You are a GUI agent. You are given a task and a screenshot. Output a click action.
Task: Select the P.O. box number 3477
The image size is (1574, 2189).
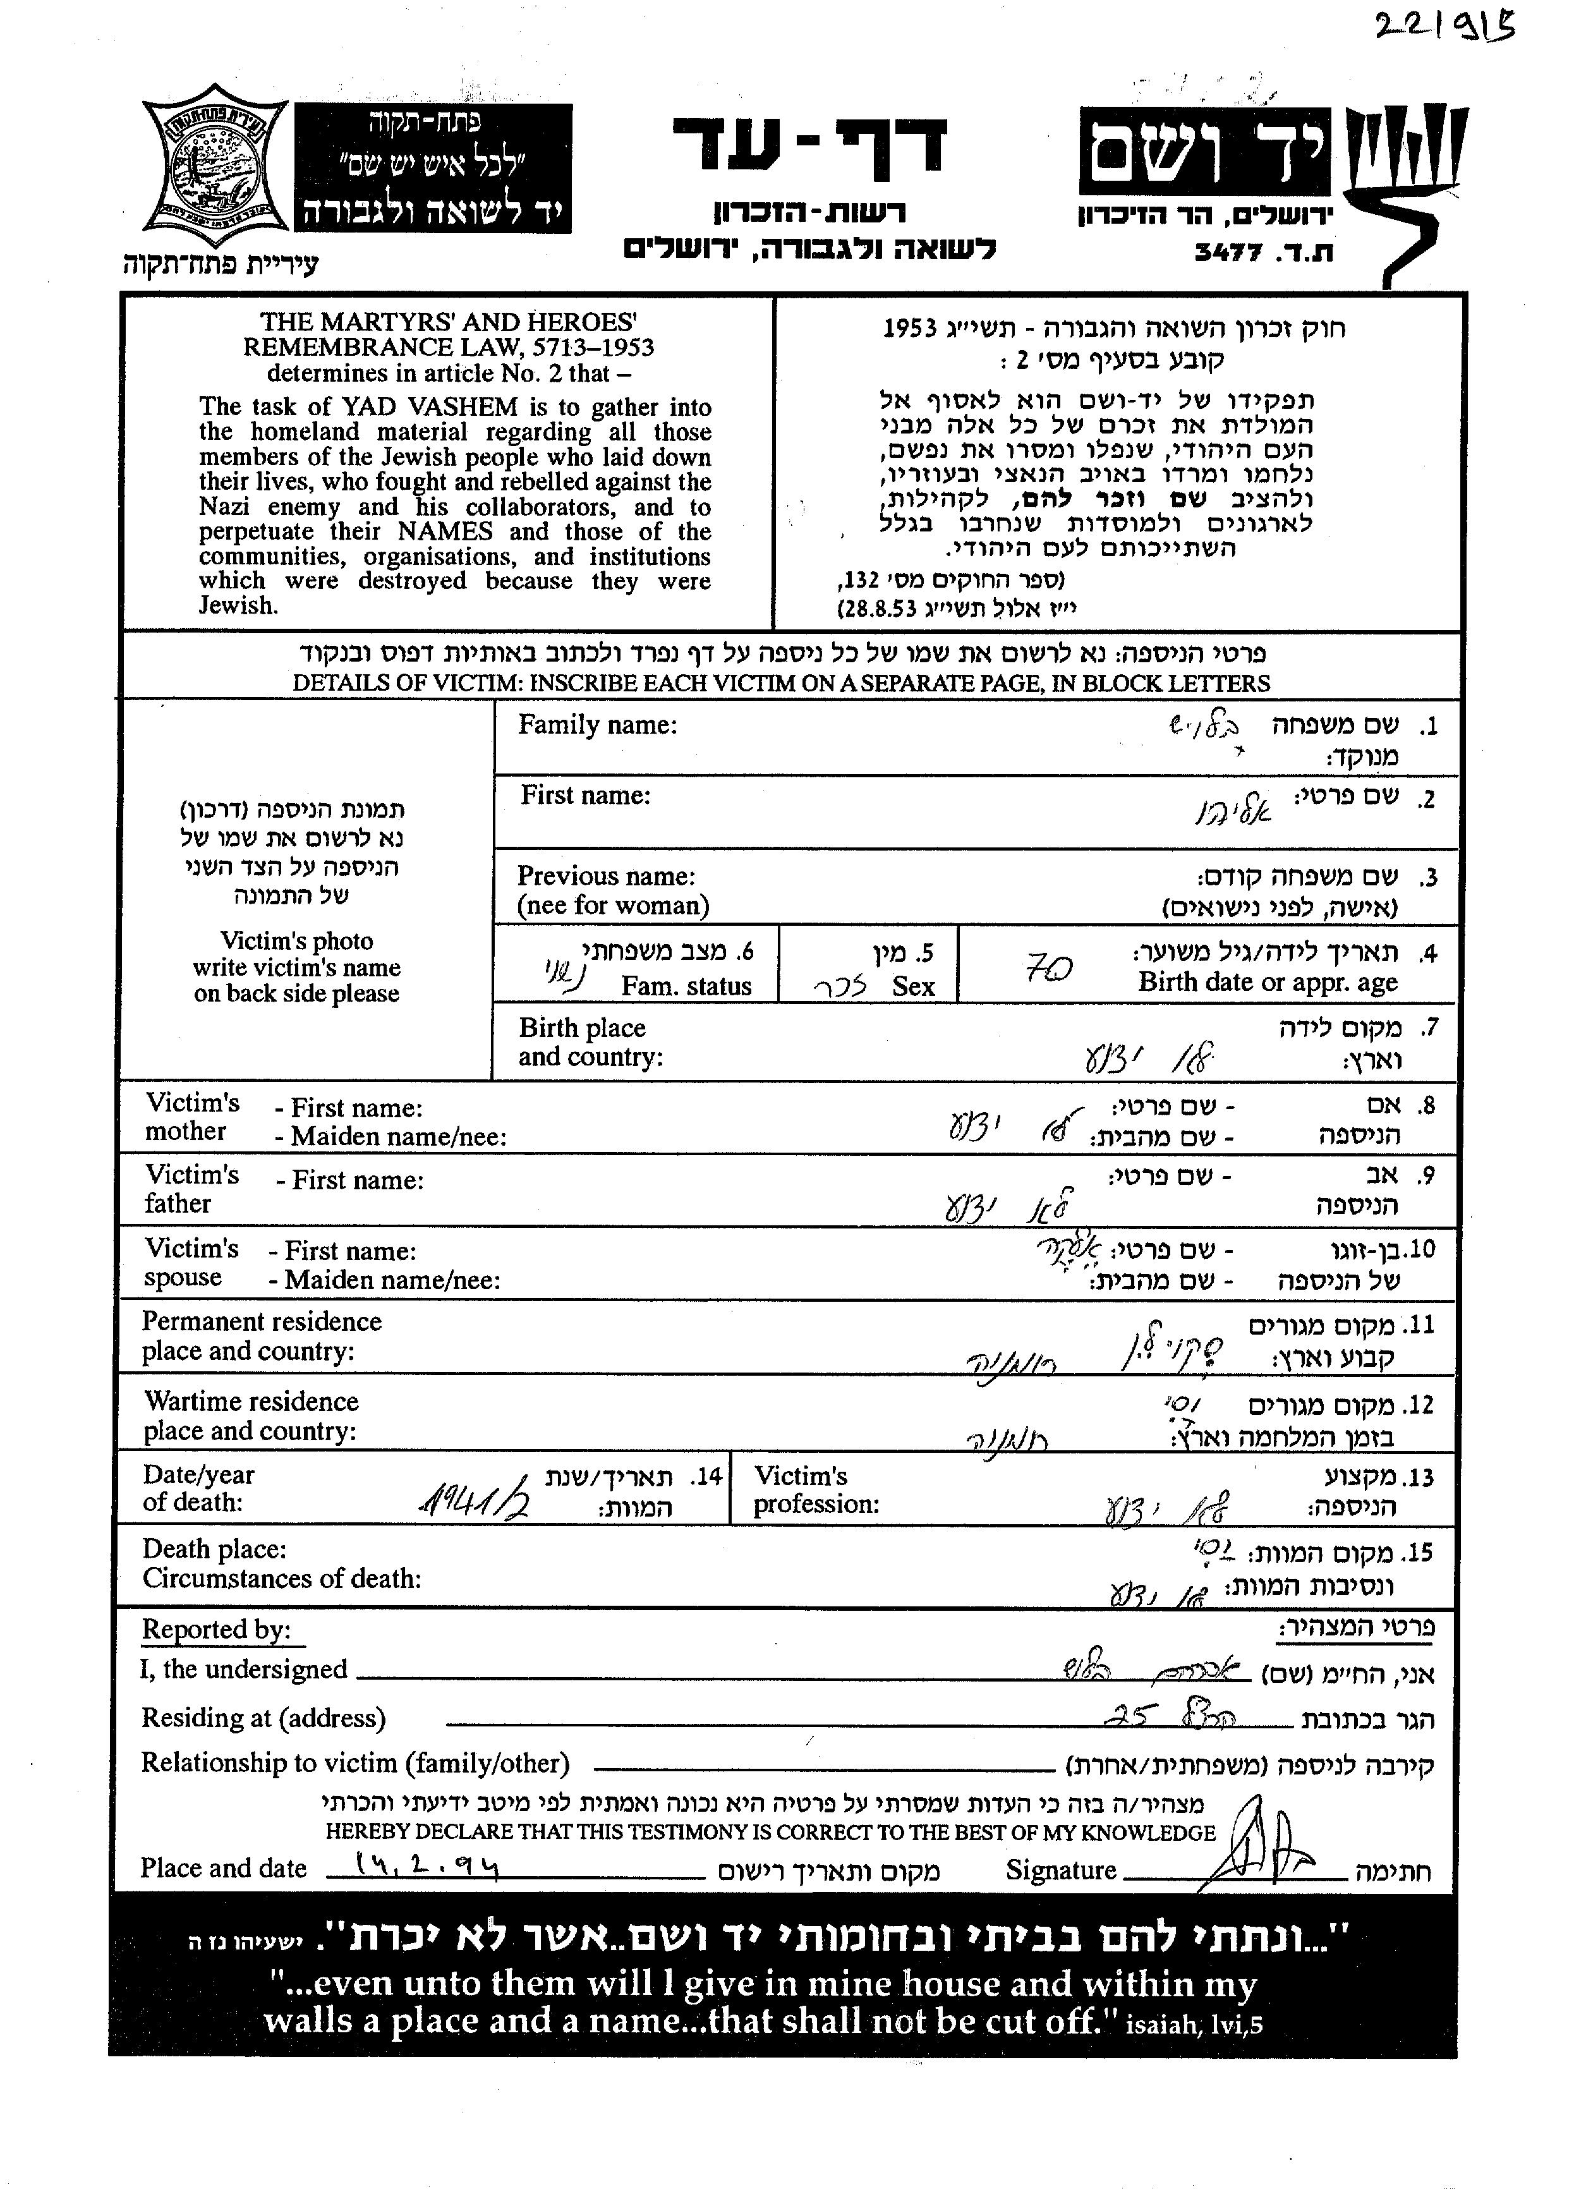pos(1228,253)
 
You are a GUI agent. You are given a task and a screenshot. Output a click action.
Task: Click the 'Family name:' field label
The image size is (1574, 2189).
pos(597,725)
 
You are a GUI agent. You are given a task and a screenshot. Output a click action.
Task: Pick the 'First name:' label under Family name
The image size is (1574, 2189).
pos(586,796)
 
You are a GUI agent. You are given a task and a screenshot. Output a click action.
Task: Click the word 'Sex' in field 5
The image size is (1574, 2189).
pos(913,986)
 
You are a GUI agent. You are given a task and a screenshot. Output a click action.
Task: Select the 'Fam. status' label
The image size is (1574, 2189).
pos(686,986)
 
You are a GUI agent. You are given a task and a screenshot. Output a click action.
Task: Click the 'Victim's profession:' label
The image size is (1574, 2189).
pos(816,1490)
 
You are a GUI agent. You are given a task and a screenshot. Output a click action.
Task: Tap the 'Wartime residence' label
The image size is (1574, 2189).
pos(251,1402)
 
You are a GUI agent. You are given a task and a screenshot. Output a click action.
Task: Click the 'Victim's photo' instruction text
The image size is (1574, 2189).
pos(296,941)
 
